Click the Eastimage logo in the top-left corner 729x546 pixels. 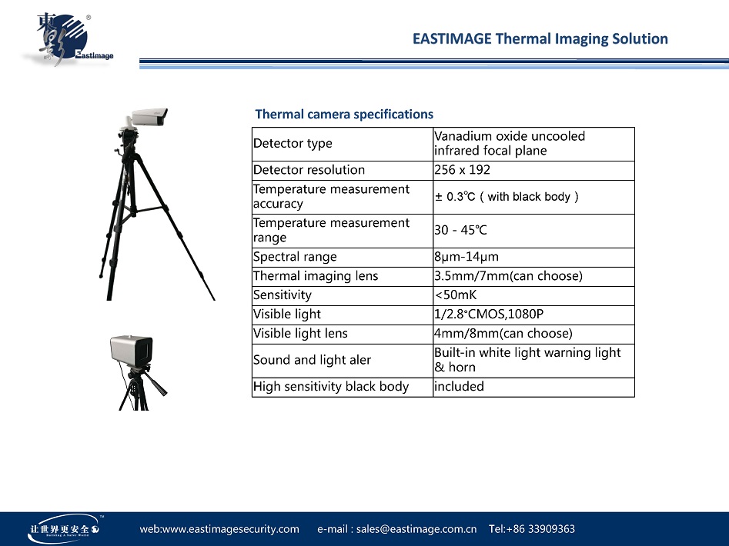pos(65,40)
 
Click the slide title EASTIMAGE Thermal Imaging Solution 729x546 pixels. pos(540,38)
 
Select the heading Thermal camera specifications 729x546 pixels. pos(344,115)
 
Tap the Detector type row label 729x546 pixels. pos(293,144)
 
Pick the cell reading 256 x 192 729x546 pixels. pos(462,170)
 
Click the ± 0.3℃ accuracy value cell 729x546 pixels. pos(507,197)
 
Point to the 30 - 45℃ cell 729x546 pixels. pos(460,231)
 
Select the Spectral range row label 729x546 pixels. pos(295,257)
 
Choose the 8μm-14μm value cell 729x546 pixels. pos(466,257)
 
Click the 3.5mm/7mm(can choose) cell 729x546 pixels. pos(508,276)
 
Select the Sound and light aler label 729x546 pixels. pos(312,360)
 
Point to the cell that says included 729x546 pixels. pos(459,387)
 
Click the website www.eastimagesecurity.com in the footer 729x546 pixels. pos(219,529)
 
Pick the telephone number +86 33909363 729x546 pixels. pos(532,529)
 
